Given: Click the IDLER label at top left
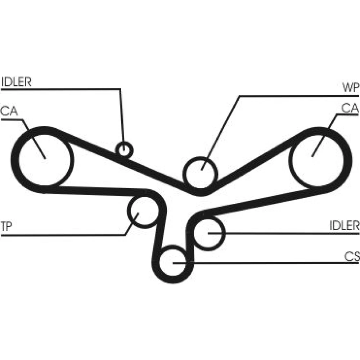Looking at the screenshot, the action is [x=16, y=82].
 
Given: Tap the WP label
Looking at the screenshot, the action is [x=351, y=87].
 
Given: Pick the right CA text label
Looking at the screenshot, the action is [x=350, y=108].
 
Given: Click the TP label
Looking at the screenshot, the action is [x=6, y=226].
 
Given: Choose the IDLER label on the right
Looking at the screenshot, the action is [x=344, y=225].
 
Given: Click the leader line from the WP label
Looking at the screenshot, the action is [x=239, y=96].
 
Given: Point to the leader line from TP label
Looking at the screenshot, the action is [x=69, y=235].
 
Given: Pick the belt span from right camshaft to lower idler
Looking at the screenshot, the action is [x=260, y=200].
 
